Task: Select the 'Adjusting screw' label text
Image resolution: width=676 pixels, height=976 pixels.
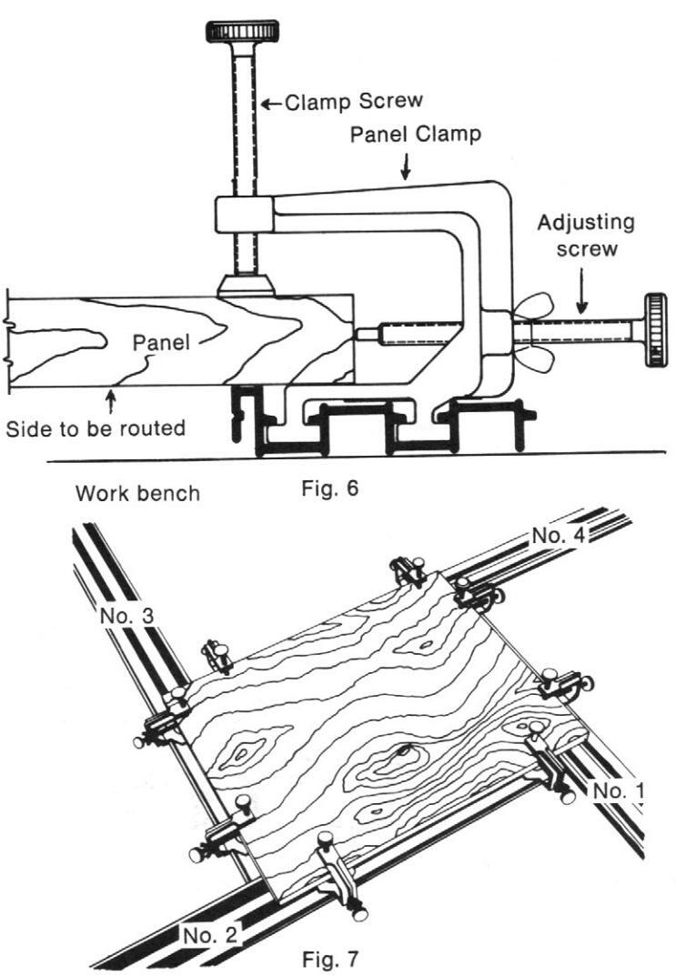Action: point(586,234)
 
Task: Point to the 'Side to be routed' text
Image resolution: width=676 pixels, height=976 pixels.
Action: point(96,428)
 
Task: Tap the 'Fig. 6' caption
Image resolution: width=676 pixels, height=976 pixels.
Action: point(329,488)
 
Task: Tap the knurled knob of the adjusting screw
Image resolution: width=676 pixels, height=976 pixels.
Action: point(656,330)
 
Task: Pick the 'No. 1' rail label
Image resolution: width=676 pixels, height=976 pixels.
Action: point(619,790)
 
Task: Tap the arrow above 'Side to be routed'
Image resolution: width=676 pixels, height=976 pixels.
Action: point(111,400)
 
